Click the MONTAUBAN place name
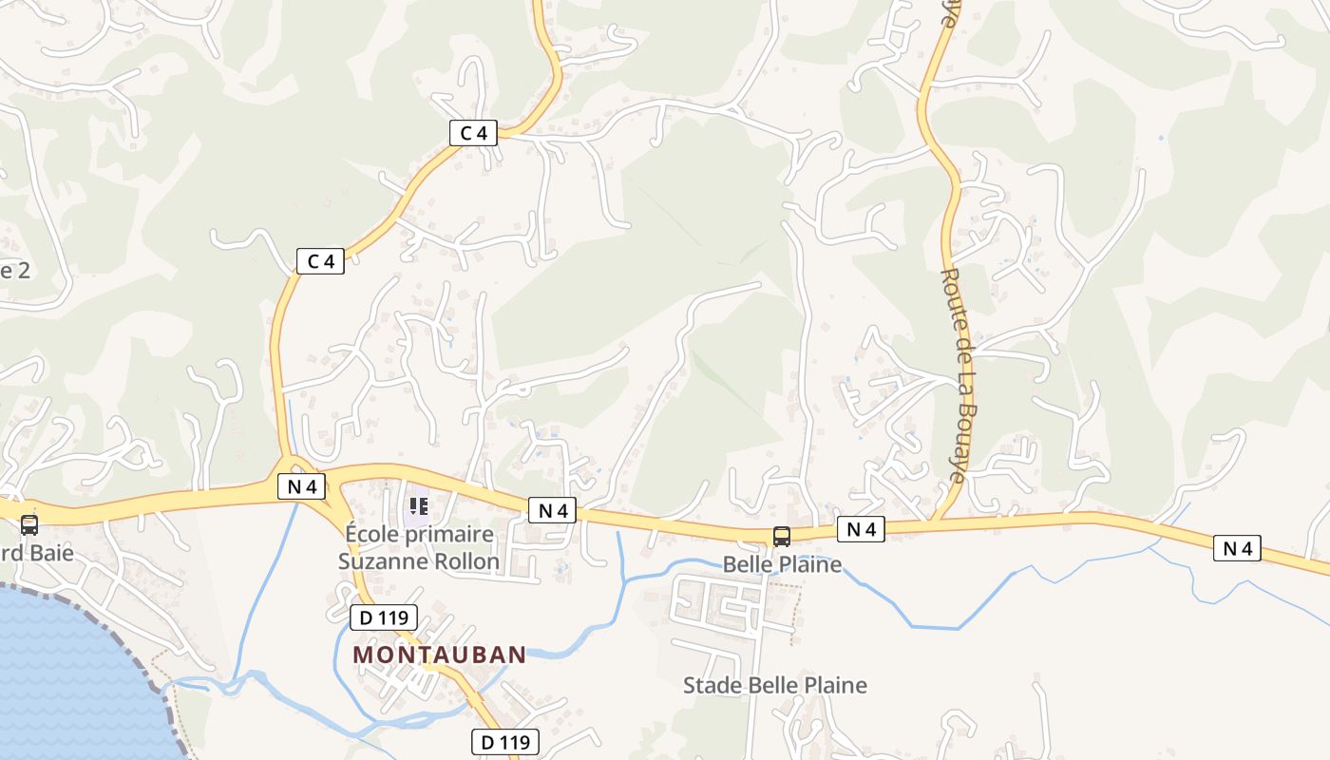point(439,655)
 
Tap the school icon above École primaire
point(418,507)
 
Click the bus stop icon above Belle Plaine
point(781,537)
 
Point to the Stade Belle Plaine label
point(775,685)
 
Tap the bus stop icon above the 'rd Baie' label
point(29,525)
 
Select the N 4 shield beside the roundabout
point(301,487)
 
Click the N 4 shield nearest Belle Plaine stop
point(861,530)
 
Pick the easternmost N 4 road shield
point(1237,548)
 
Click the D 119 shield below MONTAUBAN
point(505,742)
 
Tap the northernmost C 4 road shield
point(473,133)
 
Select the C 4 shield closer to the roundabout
point(320,261)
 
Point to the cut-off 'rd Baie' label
point(38,552)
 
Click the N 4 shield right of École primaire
point(553,511)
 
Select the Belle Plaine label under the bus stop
point(782,564)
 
